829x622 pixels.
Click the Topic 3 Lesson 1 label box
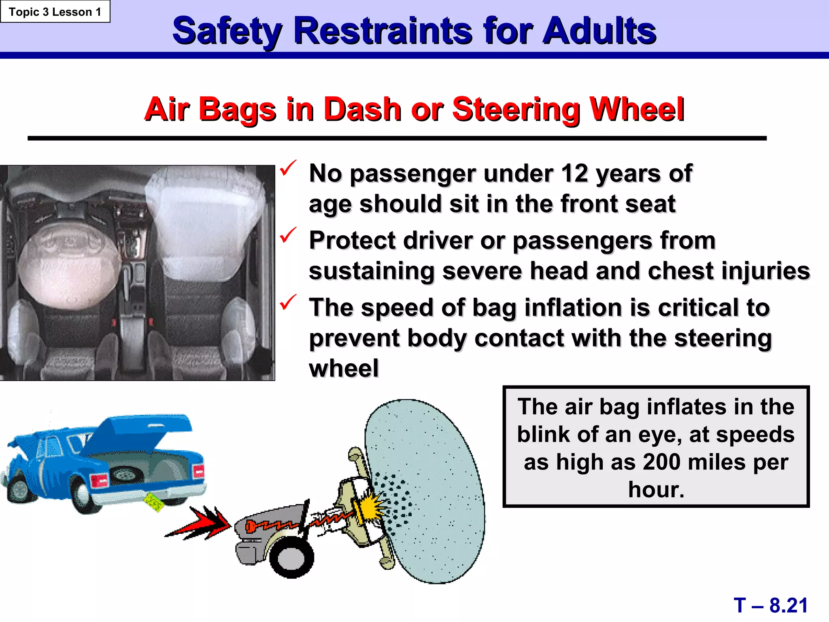(55, 12)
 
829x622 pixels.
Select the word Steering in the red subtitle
(516, 109)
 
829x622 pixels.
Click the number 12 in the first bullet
(574, 173)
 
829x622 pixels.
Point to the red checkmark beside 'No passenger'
(288, 168)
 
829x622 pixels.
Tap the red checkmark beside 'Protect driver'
(288, 235)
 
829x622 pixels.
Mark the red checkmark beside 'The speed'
(288, 302)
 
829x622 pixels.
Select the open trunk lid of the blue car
(142, 432)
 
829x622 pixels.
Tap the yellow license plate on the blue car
(154, 503)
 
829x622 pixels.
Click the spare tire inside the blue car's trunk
(125, 474)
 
